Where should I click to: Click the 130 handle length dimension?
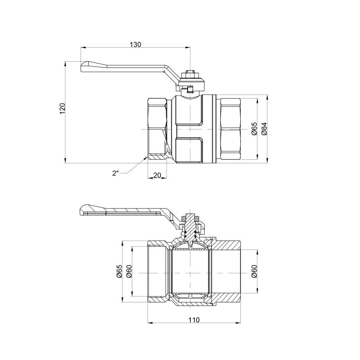135,44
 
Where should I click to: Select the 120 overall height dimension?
63,108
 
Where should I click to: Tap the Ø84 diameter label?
265,129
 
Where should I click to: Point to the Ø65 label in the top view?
254,129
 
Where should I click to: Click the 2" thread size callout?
116,173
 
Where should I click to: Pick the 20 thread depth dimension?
157,175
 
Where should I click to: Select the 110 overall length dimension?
194,319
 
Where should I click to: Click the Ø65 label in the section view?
119,271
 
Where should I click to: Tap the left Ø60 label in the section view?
129,271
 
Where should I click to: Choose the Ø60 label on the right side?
254,271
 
